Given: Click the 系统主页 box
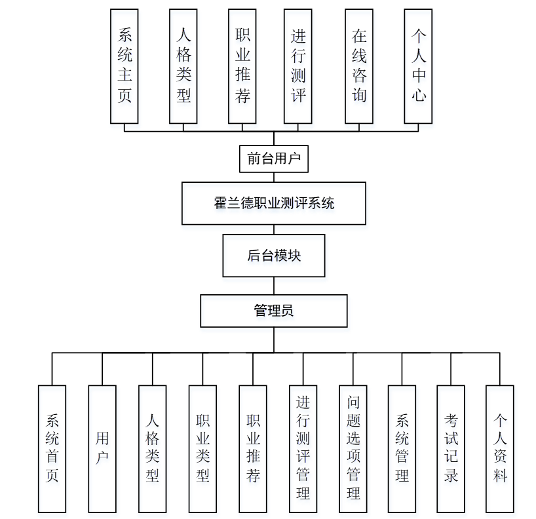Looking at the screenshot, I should coord(124,66).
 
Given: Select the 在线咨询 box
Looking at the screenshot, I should coord(359,66).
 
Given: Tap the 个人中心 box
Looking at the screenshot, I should coord(419,66).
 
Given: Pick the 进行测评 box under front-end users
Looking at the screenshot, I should coord(298,66).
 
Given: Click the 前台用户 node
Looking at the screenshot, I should coord(274,158).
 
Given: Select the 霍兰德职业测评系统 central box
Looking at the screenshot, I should coord(274,203).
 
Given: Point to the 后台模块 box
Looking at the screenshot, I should coord(274,256).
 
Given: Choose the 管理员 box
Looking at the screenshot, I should coord(274,311).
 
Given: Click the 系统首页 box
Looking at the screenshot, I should coord(52,448).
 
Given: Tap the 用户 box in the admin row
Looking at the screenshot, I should coord(102,448).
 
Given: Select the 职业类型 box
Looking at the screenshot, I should coord(202,448).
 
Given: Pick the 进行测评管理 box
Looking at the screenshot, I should coord(303,448).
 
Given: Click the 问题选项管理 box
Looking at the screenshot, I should coord(353,448).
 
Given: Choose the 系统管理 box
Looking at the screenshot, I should coord(402,448).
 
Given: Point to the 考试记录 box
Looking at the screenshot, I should coord(451,448).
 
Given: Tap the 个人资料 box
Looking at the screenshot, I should coord(500,448).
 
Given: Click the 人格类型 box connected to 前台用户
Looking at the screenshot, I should coord(183,66).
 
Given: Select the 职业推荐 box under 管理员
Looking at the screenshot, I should coord(253,448).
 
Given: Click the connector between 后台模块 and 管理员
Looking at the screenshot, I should coord(274,286).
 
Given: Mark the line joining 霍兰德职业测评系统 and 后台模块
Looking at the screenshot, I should coord(274,229).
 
